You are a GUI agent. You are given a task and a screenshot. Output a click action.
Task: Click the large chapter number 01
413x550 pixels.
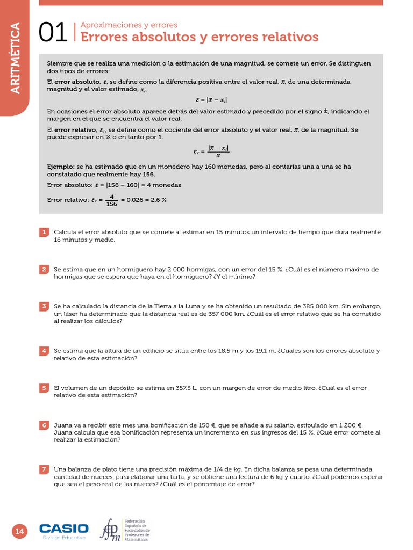(53, 33)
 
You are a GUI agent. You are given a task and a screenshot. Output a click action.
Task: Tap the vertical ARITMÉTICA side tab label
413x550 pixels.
(15, 58)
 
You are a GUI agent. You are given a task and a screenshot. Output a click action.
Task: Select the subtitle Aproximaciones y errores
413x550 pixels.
(129, 25)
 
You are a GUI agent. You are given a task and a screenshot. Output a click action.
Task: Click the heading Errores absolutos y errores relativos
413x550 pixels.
(199, 37)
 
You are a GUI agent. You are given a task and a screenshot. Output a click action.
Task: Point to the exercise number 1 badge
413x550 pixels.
(44, 232)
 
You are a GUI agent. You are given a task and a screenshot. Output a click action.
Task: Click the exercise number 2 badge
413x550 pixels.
(44, 269)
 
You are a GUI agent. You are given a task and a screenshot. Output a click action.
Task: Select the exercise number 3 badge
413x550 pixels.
(44, 306)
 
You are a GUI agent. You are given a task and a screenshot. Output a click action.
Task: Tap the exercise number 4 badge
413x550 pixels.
(44, 351)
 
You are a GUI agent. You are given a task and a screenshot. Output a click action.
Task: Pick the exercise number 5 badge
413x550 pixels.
(44, 388)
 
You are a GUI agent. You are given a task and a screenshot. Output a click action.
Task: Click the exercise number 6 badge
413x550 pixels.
(44, 425)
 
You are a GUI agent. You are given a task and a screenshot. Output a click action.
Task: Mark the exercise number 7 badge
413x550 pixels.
(44, 469)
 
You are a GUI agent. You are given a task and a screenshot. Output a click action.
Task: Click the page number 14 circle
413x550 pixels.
(19, 531)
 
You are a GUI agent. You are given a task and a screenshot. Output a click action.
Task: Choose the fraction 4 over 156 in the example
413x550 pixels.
(111, 200)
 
